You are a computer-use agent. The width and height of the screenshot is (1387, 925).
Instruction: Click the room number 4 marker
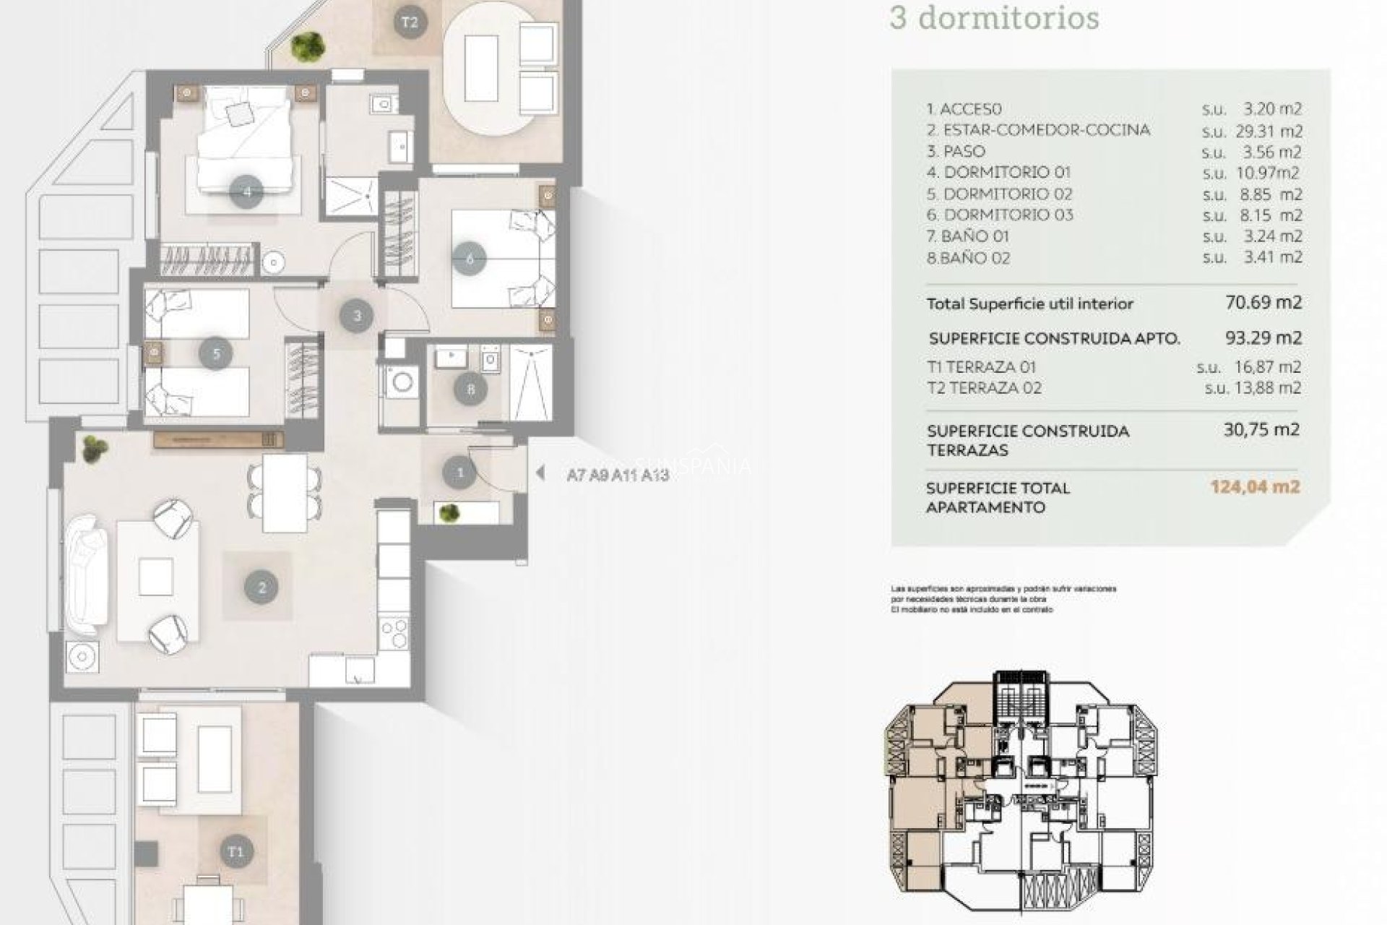click(x=247, y=192)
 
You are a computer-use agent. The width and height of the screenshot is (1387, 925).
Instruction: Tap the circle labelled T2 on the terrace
click(x=409, y=22)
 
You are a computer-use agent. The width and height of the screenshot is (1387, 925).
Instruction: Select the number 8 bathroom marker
click(x=471, y=390)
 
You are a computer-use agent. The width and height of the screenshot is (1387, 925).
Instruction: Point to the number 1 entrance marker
click(x=460, y=473)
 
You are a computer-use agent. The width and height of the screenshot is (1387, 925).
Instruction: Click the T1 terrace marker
click(x=236, y=851)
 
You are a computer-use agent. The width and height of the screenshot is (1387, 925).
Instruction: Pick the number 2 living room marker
click(x=262, y=588)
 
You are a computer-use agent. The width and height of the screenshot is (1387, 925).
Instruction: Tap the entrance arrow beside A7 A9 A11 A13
click(x=540, y=473)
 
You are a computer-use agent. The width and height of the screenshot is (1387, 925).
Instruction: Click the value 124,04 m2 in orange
click(x=1255, y=487)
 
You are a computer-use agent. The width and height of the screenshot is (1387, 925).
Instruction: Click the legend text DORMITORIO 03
click(x=1008, y=215)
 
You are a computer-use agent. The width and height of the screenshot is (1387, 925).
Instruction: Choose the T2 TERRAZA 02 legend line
click(x=984, y=388)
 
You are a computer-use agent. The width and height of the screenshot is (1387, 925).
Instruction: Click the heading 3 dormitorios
click(x=994, y=18)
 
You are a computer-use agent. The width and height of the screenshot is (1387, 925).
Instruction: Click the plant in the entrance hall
click(x=449, y=513)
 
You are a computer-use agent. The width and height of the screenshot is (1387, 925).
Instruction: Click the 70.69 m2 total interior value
click(x=1263, y=302)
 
